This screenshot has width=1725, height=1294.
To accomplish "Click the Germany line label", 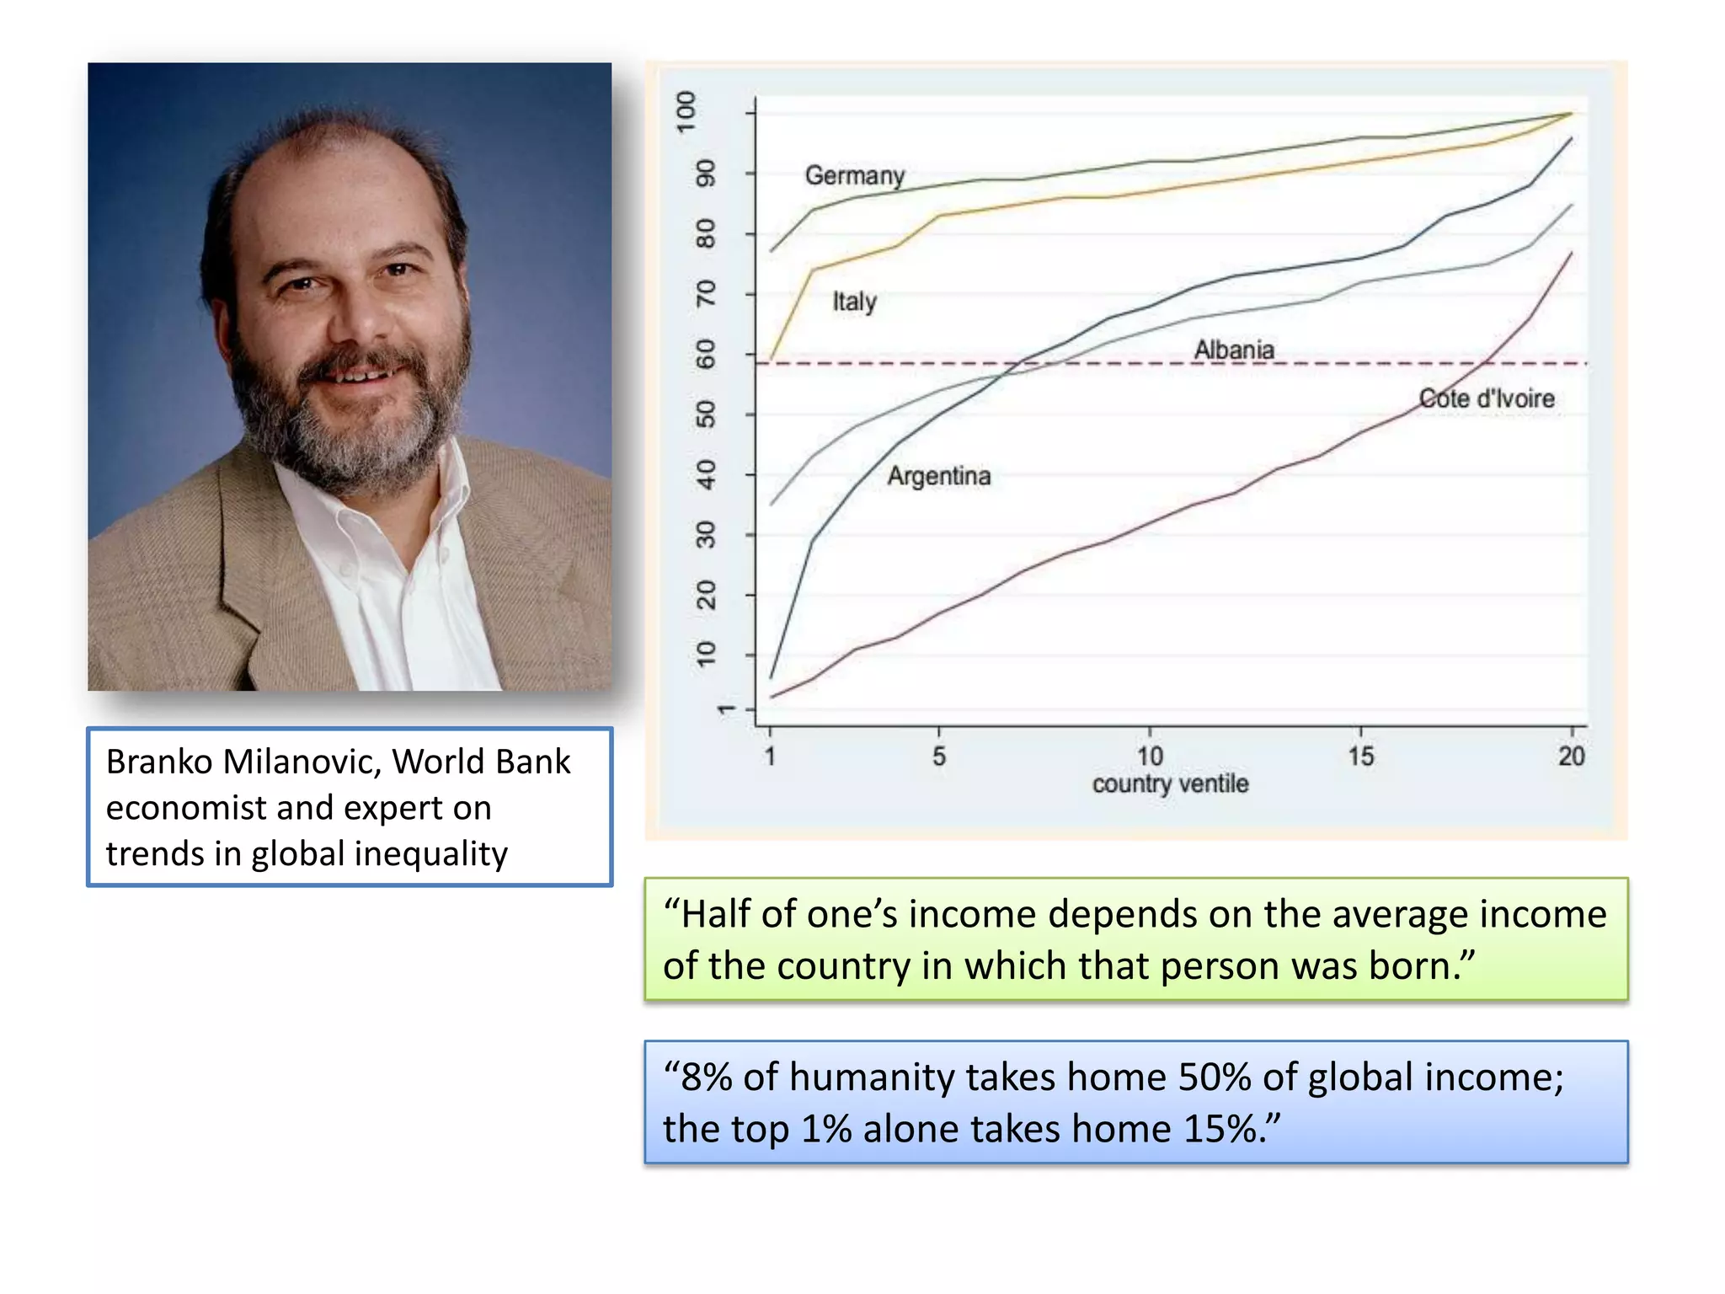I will click(x=854, y=175).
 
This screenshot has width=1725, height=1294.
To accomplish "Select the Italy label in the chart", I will click(x=854, y=301).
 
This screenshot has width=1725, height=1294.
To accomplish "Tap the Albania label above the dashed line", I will click(x=1234, y=349).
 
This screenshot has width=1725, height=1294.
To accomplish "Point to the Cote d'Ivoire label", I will click(x=1486, y=398).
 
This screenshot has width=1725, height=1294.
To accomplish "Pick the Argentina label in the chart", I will click(x=938, y=476).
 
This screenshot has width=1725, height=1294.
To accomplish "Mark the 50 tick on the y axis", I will click(x=706, y=414).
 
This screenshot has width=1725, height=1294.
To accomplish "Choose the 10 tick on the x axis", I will click(x=1150, y=756).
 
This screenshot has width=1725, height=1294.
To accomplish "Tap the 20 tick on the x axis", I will click(x=1571, y=756).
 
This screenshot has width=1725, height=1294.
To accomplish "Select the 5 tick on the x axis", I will click(x=938, y=756).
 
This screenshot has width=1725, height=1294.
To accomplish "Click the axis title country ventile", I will click(x=1170, y=783).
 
